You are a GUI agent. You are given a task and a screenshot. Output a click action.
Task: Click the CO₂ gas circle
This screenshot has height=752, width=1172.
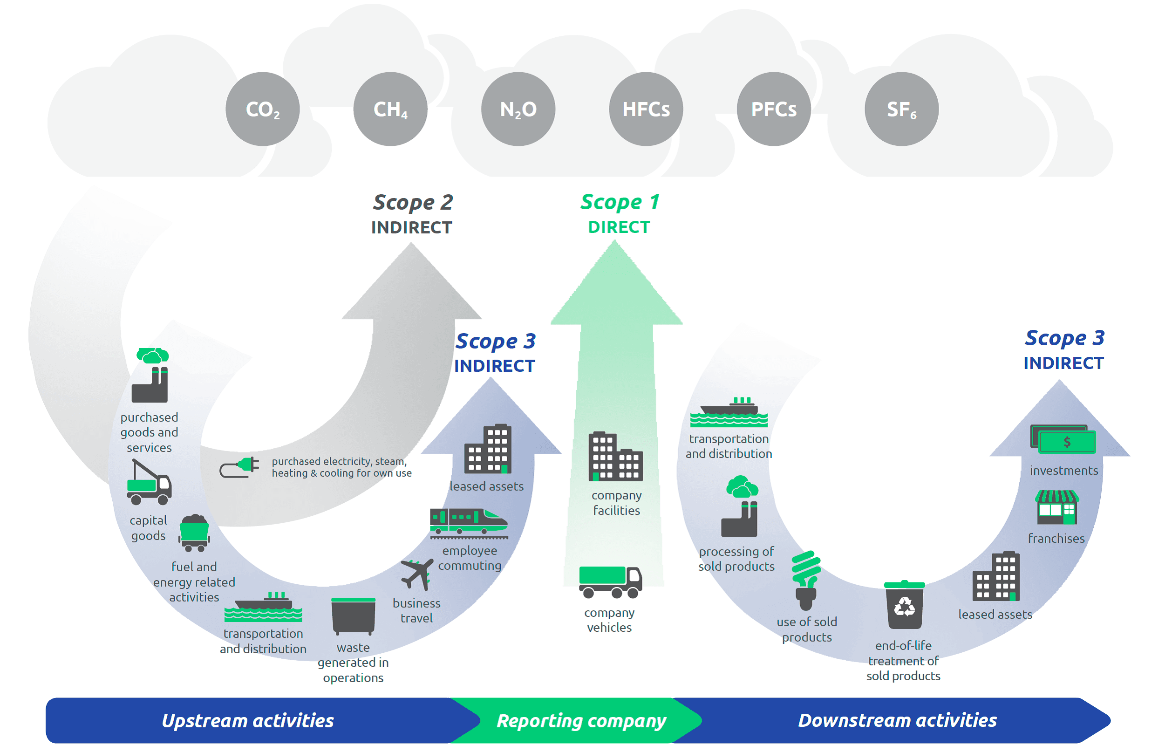(263, 109)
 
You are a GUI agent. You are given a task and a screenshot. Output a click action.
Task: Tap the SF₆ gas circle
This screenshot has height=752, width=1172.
(901, 109)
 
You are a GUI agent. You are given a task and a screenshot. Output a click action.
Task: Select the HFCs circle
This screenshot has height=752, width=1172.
(646, 109)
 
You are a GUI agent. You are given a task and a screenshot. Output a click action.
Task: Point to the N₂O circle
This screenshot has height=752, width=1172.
(518, 109)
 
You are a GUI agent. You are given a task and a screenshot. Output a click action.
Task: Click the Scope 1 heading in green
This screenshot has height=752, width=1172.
(620, 202)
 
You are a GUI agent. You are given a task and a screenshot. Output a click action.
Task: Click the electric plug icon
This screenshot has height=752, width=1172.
(239, 467)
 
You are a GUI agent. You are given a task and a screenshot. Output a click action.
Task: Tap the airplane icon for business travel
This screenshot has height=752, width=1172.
(417, 574)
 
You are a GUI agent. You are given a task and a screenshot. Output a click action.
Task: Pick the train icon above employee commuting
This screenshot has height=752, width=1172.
(469, 523)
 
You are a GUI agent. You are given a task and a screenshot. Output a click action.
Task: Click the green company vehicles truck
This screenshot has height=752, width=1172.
(610, 582)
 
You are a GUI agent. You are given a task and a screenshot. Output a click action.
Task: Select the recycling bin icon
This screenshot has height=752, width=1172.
(904, 604)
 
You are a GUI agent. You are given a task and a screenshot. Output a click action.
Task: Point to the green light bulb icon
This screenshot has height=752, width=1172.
(806, 581)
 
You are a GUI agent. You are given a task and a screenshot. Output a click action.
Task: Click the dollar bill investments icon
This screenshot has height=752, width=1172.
(1063, 439)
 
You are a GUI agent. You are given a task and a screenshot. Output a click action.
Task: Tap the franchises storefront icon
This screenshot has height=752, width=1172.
(1057, 507)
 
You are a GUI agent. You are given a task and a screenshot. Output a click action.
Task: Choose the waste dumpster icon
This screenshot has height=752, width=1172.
(353, 616)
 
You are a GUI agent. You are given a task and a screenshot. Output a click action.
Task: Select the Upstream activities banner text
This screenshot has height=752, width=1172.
(248, 721)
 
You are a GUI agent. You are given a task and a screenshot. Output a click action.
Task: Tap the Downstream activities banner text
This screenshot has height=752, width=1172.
(897, 720)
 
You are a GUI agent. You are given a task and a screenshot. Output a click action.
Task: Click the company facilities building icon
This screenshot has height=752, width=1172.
(615, 457)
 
